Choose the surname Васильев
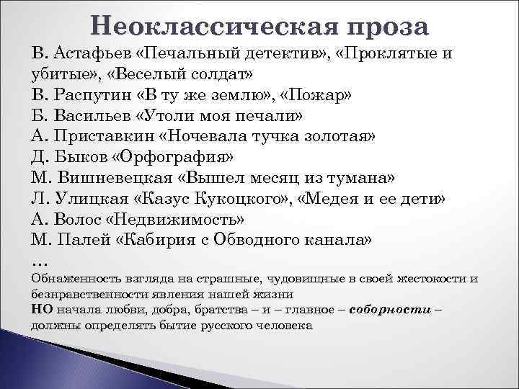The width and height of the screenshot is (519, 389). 93,117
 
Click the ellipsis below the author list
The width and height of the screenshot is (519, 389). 39,259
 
